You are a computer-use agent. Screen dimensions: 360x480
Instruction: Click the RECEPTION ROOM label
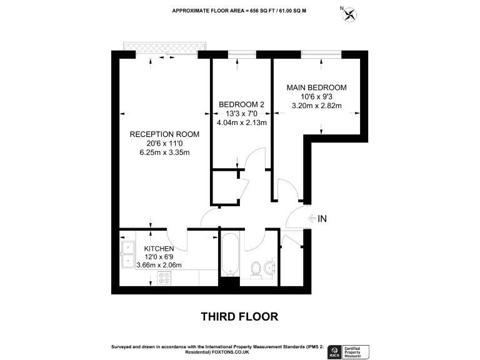[x=164, y=134]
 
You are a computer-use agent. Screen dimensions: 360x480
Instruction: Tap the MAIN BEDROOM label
[x=316, y=87]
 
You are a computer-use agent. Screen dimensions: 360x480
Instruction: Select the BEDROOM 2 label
[x=241, y=104]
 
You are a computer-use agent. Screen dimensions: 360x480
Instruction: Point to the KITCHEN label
[x=159, y=249]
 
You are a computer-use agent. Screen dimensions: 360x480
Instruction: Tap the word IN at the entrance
[x=323, y=219]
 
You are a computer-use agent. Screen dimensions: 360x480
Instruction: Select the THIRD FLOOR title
[x=239, y=317]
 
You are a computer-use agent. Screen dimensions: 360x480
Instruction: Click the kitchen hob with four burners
[x=166, y=278]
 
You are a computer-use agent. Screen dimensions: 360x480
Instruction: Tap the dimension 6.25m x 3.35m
[x=164, y=152]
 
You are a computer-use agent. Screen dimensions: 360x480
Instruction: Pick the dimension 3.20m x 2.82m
[x=316, y=106]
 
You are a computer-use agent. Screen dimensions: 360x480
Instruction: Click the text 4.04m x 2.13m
[x=241, y=122]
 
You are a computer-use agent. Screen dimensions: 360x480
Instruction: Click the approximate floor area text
[x=239, y=11]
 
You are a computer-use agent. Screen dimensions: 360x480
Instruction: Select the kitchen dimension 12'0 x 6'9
[x=159, y=257]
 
